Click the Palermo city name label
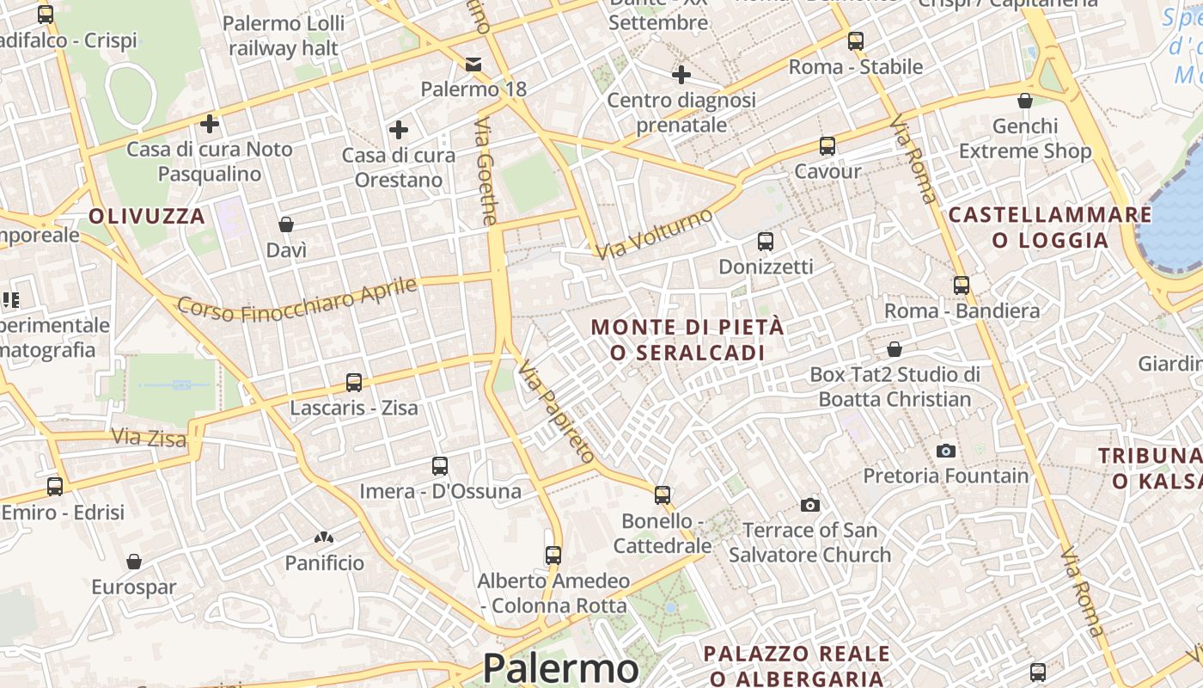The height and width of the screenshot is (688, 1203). (x=560, y=668)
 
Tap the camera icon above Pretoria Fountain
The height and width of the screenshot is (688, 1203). (x=945, y=451)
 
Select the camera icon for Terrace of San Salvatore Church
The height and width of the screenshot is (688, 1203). (x=809, y=505)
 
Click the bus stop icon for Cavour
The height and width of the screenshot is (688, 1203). (x=827, y=146)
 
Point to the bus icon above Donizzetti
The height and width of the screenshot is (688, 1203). (x=765, y=242)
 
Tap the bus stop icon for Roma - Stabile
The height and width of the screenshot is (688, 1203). (x=855, y=40)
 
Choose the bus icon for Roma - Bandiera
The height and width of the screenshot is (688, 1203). (x=962, y=285)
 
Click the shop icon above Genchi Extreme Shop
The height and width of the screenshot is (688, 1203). (x=1024, y=101)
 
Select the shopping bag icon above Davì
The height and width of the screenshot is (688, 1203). (x=286, y=224)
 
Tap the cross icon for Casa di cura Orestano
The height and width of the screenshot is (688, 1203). (x=398, y=130)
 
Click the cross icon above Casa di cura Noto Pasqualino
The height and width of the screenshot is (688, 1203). (x=209, y=124)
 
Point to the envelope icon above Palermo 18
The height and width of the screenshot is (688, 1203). (x=473, y=64)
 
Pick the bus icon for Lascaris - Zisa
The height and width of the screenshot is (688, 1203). (x=353, y=382)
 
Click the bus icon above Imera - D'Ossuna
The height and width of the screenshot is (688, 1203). (x=439, y=466)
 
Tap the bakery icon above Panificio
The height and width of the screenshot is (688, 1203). (x=324, y=538)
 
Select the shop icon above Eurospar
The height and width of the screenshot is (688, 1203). (x=134, y=562)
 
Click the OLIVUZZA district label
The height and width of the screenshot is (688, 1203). (x=147, y=216)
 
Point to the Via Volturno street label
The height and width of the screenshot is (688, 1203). (x=654, y=233)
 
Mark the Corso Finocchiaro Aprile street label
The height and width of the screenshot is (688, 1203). (x=297, y=298)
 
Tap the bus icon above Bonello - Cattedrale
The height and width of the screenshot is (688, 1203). (x=662, y=495)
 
